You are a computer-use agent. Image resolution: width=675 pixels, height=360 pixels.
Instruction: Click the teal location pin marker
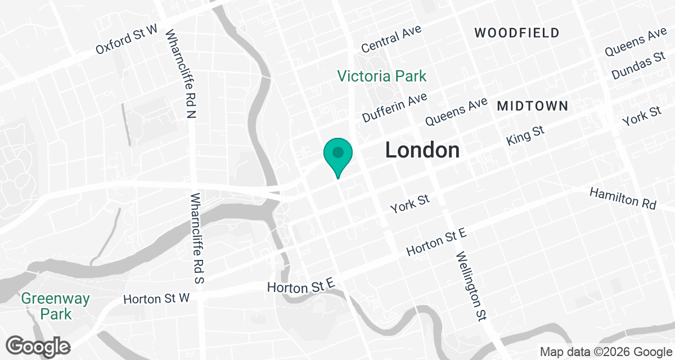[x=337, y=154]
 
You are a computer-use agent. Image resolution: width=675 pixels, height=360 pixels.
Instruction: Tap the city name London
[x=422, y=150]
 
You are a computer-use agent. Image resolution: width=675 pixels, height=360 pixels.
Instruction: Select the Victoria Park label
[x=382, y=75]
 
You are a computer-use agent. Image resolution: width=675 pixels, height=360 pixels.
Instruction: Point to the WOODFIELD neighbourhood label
[x=517, y=33]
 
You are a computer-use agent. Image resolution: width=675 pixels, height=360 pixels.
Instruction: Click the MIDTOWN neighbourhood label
[x=532, y=106]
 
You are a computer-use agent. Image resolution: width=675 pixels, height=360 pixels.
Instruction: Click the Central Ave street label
[x=391, y=40]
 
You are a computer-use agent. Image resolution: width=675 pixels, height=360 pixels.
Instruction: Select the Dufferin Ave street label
[x=395, y=107]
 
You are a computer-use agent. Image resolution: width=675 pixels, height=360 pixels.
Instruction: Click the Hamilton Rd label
[x=623, y=199]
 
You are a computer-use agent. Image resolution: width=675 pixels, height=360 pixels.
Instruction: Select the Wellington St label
[x=470, y=286]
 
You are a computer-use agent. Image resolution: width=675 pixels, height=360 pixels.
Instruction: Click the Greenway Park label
[x=56, y=305]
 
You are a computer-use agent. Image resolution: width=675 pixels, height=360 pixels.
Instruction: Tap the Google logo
[x=39, y=345]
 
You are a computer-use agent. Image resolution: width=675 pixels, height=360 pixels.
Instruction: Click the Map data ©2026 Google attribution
[x=606, y=352]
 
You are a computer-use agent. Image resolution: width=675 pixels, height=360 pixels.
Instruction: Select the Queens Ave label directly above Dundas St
[x=636, y=43]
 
